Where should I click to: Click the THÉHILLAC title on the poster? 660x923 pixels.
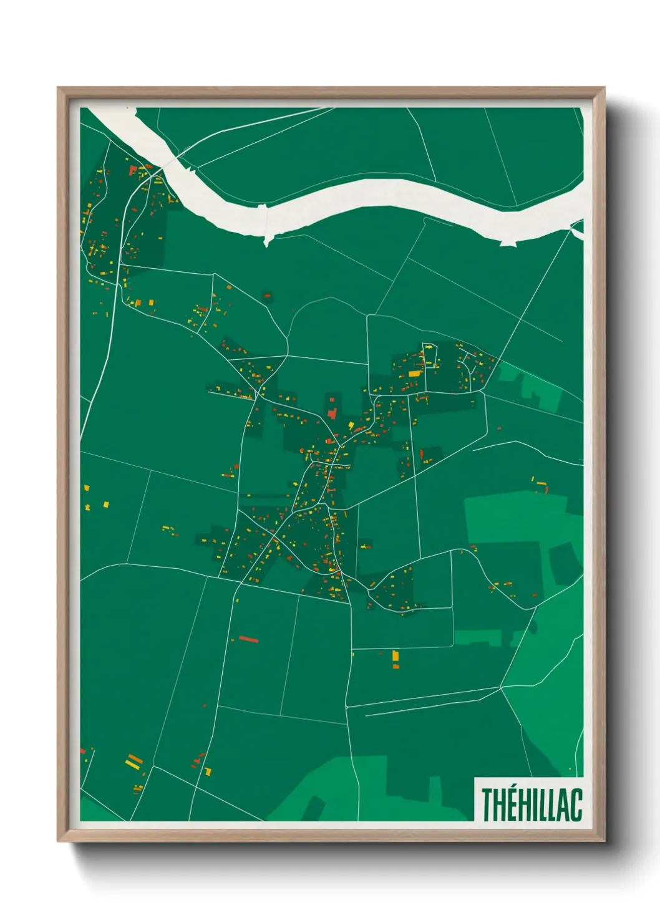point(531,804)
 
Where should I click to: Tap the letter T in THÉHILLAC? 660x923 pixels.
point(487,804)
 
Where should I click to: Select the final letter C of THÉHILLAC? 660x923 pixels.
point(576,804)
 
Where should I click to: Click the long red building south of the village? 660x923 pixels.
point(248,639)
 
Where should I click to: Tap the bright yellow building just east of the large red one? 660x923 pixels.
point(351,425)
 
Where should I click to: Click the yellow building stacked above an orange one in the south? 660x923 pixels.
point(395,656)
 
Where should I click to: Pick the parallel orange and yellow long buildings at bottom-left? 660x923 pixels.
point(134,761)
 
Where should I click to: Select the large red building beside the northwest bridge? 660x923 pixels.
point(132,169)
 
